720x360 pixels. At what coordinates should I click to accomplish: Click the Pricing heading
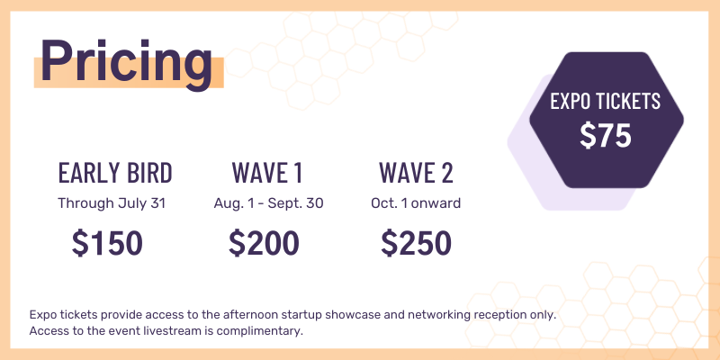pos(126,60)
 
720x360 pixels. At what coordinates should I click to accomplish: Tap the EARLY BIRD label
pos(115,172)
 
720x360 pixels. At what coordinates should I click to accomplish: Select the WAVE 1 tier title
pos(267,172)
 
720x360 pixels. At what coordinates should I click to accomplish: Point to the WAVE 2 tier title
pos(416,172)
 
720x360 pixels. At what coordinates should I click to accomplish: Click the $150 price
pos(107,243)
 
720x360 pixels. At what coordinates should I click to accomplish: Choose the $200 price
pos(264,243)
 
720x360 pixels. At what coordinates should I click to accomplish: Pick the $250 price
pos(416,243)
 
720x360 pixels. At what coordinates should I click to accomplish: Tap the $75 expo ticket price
pos(606,135)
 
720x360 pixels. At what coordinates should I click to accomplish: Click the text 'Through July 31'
pos(112,203)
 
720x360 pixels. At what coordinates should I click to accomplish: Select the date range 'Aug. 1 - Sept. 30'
pos(268,203)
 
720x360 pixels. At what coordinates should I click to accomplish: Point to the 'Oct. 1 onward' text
pos(416,203)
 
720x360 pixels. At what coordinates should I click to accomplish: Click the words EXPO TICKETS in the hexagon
pos(606,102)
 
